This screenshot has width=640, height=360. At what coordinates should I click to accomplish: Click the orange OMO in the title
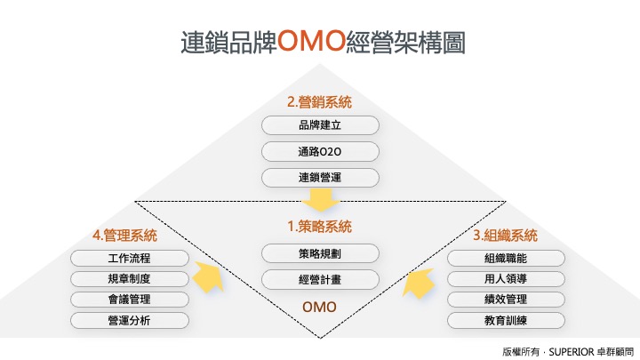(311, 40)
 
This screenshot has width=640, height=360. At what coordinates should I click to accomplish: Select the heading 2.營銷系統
(320, 102)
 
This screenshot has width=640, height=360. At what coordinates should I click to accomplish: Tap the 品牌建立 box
(320, 125)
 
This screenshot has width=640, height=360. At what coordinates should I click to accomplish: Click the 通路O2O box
(320, 152)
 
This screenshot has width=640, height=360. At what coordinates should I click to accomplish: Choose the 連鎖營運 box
(320, 178)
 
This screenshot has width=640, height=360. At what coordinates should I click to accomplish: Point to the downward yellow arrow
(320, 200)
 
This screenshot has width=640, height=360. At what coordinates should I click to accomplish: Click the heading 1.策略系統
(320, 227)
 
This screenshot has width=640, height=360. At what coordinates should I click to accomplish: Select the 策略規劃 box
(320, 254)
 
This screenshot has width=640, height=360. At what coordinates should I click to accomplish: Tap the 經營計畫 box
(320, 280)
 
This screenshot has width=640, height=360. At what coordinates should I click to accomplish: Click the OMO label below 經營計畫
(320, 307)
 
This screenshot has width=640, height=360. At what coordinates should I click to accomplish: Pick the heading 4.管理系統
(125, 236)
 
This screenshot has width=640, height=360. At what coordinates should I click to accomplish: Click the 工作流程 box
(130, 259)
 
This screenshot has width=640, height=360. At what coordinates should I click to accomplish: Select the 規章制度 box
(130, 279)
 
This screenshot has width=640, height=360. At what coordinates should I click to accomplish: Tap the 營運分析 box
(130, 320)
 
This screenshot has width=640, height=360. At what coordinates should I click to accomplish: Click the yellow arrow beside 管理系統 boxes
(209, 276)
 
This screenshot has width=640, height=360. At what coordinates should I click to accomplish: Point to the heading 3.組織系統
(505, 236)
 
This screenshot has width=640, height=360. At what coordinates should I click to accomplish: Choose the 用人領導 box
(506, 279)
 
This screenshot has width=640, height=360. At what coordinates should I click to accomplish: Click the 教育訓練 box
(506, 320)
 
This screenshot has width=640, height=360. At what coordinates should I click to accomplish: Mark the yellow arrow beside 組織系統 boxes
(419, 283)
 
